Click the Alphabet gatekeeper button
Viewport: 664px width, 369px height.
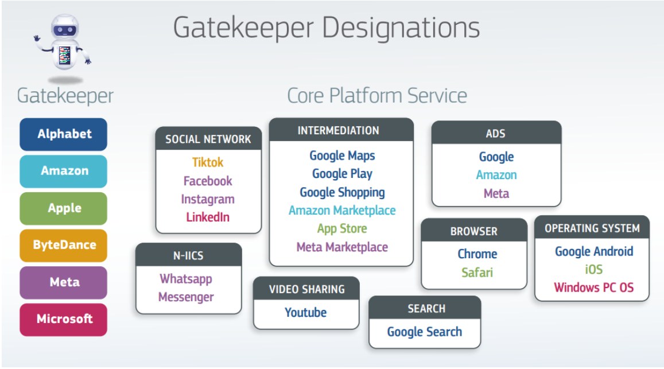pos(64,134)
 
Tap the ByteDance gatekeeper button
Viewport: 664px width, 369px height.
pos(64,245)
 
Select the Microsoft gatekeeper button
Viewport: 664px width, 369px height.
pos(64,319)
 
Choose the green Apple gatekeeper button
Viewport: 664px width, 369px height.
pos(64,208)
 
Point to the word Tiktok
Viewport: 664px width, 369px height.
pos(208,162)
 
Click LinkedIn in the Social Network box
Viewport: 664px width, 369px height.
pos(208,217)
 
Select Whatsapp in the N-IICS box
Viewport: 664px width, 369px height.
pos(186,279)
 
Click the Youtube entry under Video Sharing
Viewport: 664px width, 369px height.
pos(305,313)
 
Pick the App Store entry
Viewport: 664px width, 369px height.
pos(342,228)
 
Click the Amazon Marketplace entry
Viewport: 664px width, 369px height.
pos(342,211)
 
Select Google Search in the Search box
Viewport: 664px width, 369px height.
pos(424,332)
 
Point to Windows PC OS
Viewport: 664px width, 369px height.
pos(593,288)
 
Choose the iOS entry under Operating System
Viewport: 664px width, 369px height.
pos(593,269)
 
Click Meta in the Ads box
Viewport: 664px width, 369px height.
pos(496,193)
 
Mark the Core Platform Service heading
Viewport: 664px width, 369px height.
pos(376,95)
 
